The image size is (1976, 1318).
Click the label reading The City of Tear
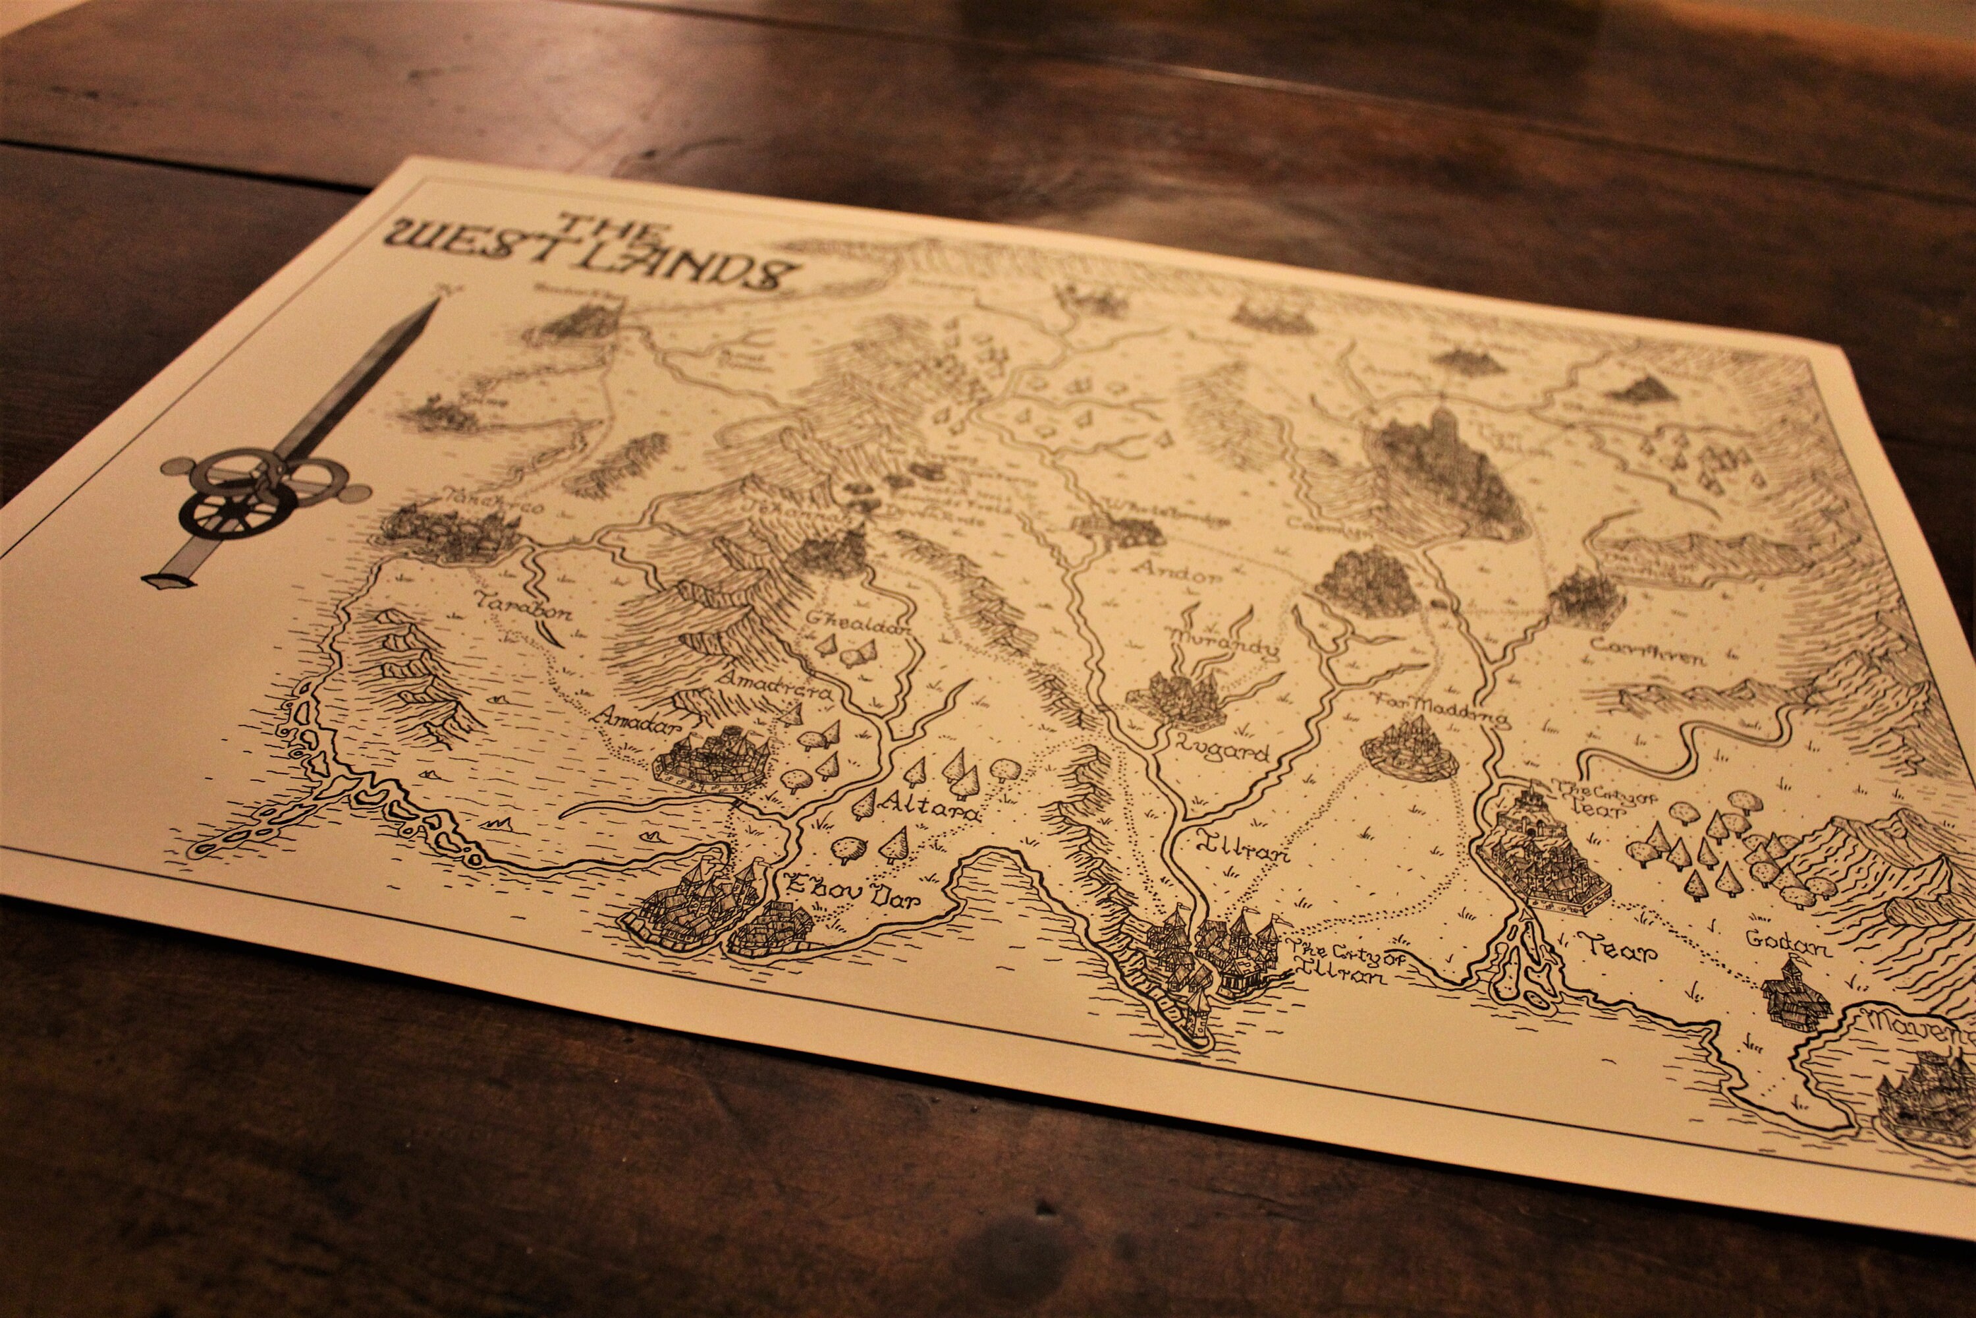(1595, 797)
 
